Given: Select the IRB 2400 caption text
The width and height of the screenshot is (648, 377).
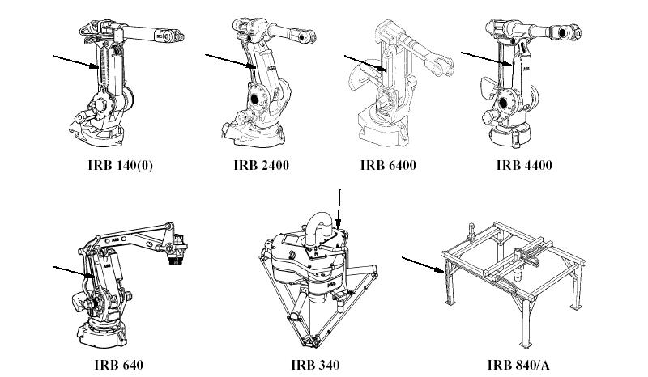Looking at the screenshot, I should click(x=256, y=166).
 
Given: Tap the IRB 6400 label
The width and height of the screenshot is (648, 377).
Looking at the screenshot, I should click(x=387, y=166).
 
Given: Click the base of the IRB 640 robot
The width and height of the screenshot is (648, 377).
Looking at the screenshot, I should click(x=102, y=332).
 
